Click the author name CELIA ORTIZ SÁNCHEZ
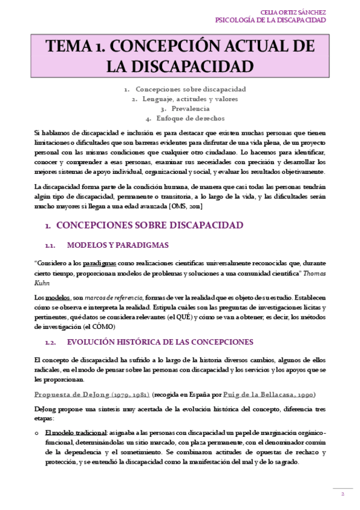294,11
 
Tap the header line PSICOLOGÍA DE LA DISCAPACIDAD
270,20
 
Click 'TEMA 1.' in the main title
75,47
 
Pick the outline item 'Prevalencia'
190,108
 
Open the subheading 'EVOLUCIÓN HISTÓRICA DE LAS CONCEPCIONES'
160,342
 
